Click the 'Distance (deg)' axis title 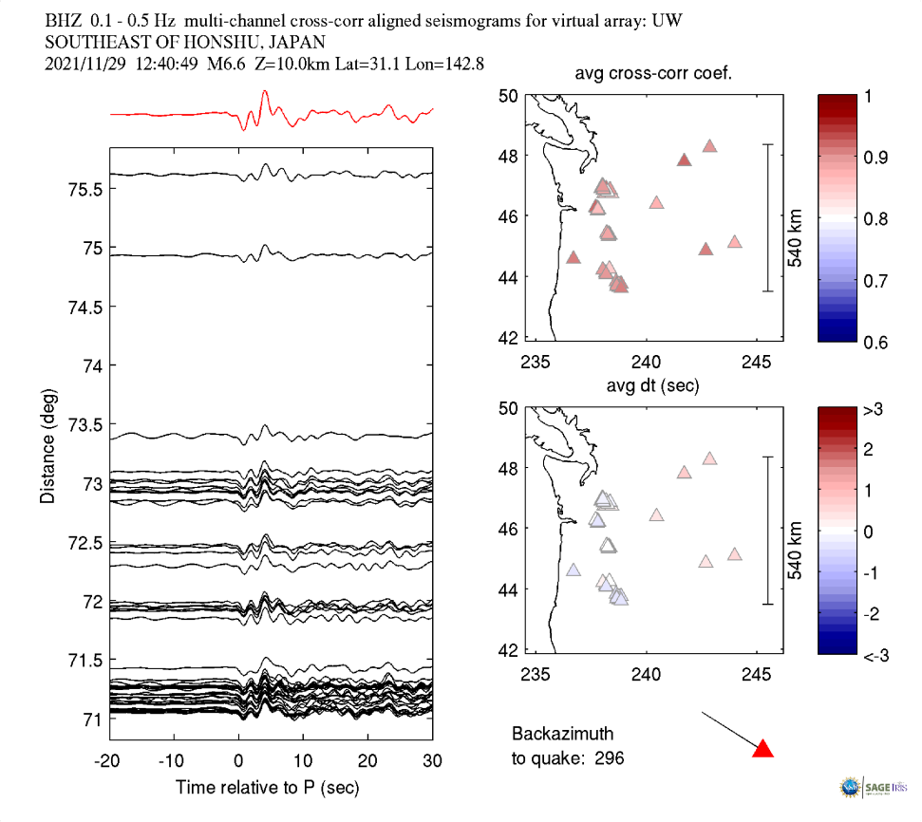coord(47,444)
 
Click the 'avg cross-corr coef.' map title coord(652,75)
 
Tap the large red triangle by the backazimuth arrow coord(762,749)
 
